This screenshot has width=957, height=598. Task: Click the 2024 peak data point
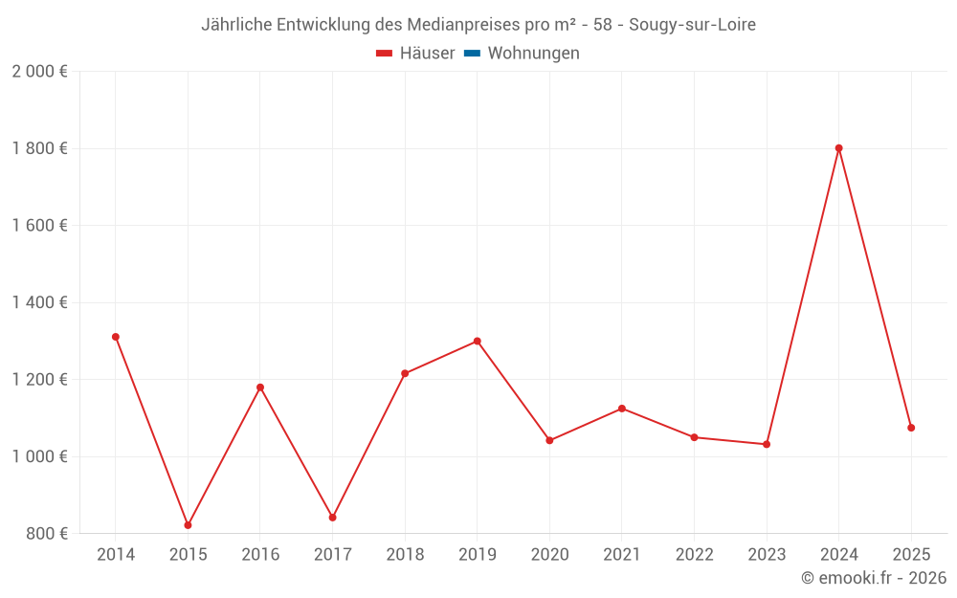point(838,148)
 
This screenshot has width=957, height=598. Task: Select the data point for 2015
point(188,525)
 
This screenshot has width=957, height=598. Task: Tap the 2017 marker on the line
point(332,518)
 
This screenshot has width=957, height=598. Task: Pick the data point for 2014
point(116,337)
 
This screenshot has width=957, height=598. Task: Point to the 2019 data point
point(477,341)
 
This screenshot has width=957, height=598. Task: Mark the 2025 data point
point(911,428)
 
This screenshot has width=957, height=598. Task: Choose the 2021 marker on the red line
point(622,409)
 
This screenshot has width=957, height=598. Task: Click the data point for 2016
point(260,388)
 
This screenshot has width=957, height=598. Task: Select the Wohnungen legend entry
point(533,54)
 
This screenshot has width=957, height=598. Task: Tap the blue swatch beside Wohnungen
point(472,54)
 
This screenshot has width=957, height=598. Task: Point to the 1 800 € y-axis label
point(40,148)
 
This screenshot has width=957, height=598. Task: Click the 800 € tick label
point(47,534)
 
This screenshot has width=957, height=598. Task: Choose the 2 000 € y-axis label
point(40,72)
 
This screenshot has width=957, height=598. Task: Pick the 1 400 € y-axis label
point(40,302)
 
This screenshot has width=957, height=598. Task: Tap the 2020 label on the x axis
point(549,555)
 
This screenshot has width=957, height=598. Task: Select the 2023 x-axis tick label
point(767,555)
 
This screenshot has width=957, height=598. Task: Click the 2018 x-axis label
point(405,555)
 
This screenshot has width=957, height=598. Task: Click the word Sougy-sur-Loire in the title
point(692,25)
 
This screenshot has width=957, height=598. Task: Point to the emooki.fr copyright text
point(873,578)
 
